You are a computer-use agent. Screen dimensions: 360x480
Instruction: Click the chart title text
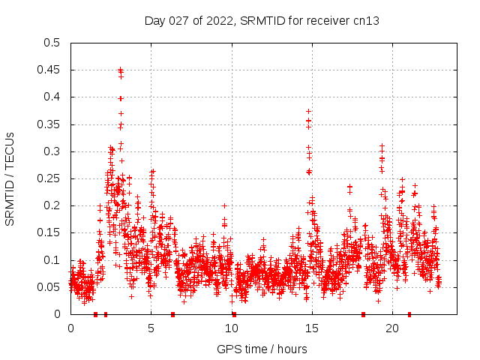click(x=262, y=21)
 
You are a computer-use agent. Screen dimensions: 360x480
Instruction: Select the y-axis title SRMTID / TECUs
click(x=10, y=178)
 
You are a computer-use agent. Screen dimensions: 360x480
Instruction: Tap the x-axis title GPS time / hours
click(x=262, y=349)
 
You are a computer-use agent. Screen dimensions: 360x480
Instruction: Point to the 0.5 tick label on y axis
click(x=51, y=43)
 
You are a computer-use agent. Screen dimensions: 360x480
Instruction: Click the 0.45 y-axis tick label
click(x=48, y=70)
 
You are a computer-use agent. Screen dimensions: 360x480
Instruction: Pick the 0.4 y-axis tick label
click(x=51, y=97)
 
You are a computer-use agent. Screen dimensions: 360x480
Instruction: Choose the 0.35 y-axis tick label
click(x=48, y=124)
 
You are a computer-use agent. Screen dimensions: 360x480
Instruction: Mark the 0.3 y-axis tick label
click(x=51, y=151)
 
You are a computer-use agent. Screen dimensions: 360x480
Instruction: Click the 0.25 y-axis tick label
click(x=48, y=178)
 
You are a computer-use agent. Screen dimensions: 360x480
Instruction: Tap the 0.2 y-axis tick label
click(x=51, y=205)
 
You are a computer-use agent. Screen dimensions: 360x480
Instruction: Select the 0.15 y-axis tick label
click(x=48, y=232)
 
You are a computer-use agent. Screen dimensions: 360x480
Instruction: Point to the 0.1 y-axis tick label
click(x=51, y=260)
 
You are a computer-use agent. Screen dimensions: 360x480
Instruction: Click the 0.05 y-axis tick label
click(x=48, y=287)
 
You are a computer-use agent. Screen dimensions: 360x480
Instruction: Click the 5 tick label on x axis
click(x=151, y=328)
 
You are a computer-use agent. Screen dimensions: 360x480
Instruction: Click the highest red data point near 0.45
click(x=120, y=70)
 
